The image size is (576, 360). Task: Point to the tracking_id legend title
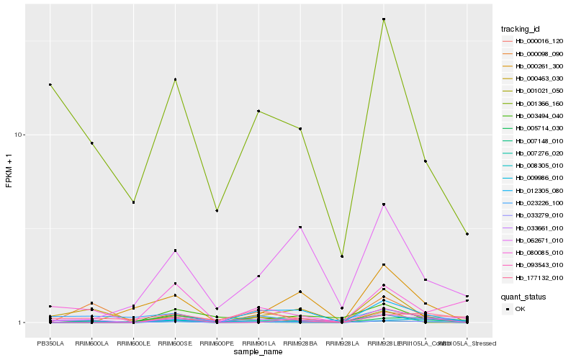coord(521,29)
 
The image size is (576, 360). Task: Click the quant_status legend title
coord(524,296)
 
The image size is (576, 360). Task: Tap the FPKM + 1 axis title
coord(9,171)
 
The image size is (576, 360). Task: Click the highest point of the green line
coord(384,19)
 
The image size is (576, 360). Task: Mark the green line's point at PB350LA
coord(50,85)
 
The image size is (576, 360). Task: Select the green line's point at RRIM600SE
coord(175,79)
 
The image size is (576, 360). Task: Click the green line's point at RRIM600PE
coord(217,211)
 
